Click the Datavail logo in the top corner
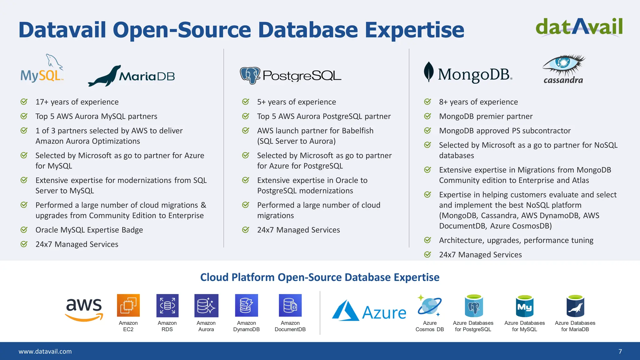(579, 27)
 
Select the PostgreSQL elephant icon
(250, 75)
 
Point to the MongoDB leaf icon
(428, 72)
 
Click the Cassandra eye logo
(564, 63)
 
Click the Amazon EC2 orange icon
(128, 305)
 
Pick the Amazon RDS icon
(167, 305)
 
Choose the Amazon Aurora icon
(206, 305)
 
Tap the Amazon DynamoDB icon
(246, 305)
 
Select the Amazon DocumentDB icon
(290, 305)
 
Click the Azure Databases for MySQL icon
(524, 306)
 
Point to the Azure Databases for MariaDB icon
(575, 306)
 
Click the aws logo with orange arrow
(84, 310)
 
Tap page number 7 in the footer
(620, 351)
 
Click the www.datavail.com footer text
(45, 351)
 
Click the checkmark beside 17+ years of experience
(24, 102)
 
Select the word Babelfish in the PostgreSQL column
(357, 131)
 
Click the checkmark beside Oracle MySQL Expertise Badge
(24, 230)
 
